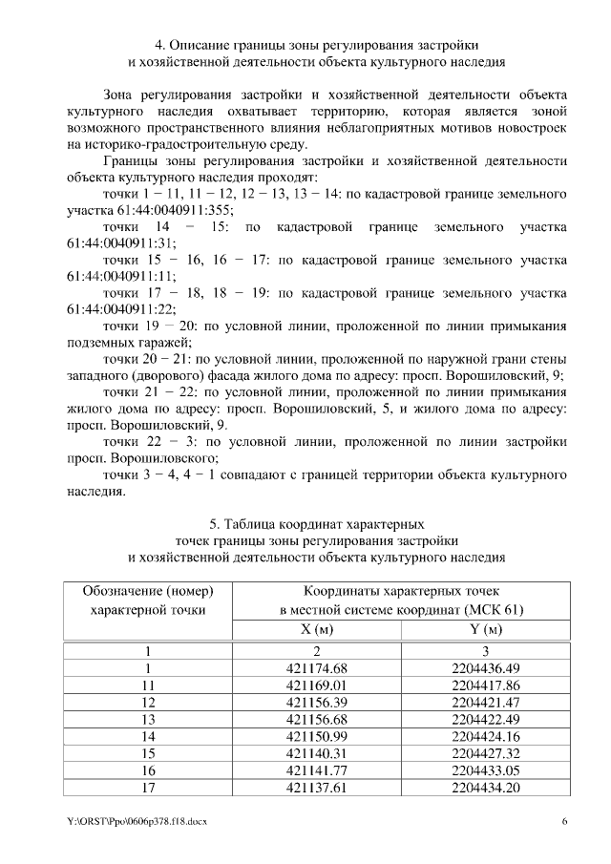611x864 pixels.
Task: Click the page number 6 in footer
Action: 564,822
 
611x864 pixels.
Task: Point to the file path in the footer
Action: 137,822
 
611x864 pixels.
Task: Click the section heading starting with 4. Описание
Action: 316,45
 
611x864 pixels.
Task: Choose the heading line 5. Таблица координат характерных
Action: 316,524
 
